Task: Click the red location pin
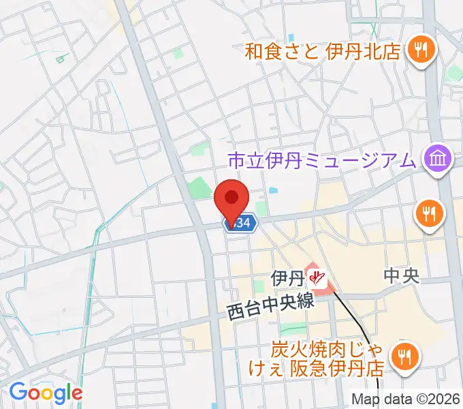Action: (x=231, y=199)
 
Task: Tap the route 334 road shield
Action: (x=241, y=223)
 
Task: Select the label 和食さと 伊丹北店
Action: (x=323, y=51)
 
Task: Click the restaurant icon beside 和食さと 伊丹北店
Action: (x=421, y=49)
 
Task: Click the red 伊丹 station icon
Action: (x=316, y=277)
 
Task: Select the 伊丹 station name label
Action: (x=287, y=278)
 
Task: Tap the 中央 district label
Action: (x=400, y=275)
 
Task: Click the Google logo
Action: (x=46, y=392)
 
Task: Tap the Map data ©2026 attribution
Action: (x=405, y=399)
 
